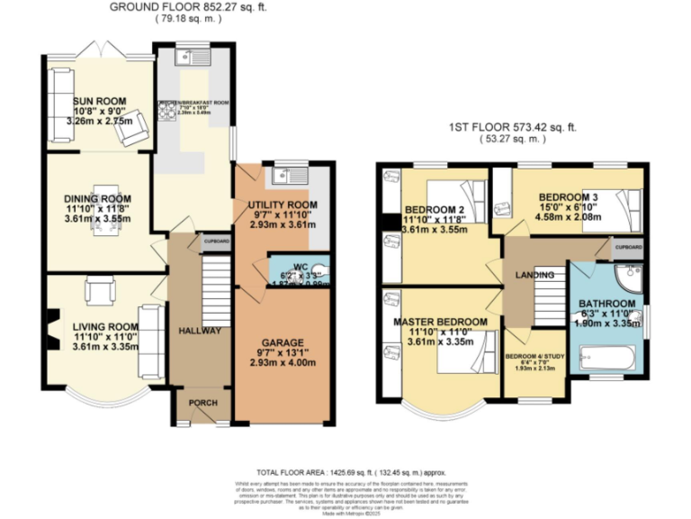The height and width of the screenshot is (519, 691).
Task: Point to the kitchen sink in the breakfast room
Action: tap(193, 59)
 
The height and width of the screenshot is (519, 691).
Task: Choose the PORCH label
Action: tap(197, 404)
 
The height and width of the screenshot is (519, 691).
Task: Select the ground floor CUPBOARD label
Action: tap(215, 241)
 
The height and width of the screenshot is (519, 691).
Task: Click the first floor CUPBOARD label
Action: tap(627, 246)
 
